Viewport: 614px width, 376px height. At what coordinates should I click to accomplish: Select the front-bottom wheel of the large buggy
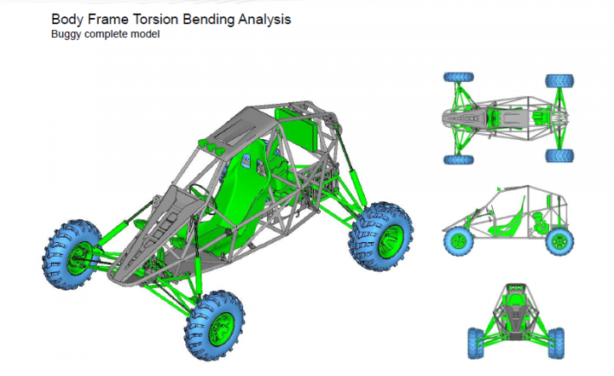click(214, 325)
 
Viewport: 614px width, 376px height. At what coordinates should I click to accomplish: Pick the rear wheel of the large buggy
click(380, 236)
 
